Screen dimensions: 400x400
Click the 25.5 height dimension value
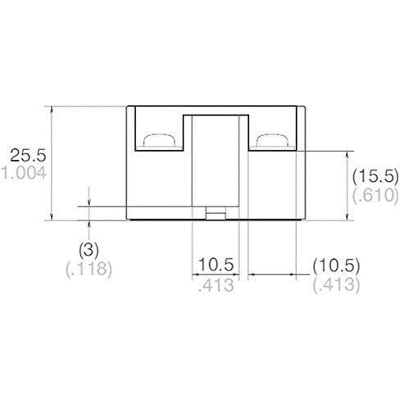(x=28, y=156)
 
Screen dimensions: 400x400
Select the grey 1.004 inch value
(x=24, y=173)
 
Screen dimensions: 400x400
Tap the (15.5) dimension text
(x=375, y=176)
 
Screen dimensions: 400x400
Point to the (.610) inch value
(x=375, y=195)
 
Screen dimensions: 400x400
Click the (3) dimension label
(x=89, y=250)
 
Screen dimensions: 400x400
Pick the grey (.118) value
(x=89, y=269)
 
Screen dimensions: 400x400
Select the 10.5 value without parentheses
(x=216, y=265)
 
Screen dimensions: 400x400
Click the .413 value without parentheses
(x=216, y=285)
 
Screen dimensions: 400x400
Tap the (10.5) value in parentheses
(x=336, y=266)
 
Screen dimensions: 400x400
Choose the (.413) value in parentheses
(x=336, y=285)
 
